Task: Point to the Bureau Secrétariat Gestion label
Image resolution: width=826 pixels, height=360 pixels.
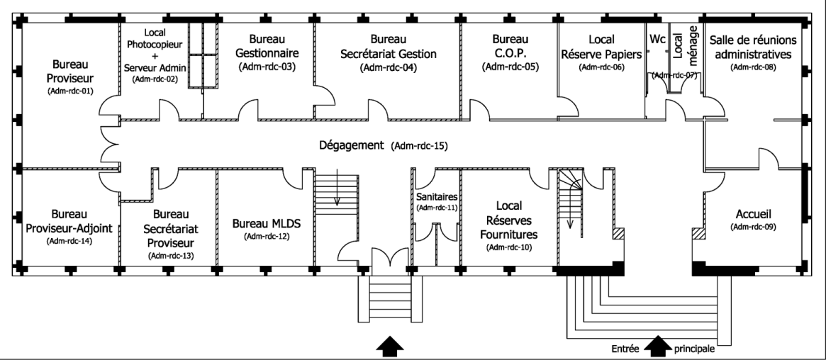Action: click(x=389, y=46)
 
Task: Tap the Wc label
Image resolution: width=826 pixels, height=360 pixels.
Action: click(x=657, y=39)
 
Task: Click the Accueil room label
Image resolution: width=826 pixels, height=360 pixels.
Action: click(x=753, y=213)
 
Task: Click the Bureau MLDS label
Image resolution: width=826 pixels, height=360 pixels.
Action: click(x=267, y=223)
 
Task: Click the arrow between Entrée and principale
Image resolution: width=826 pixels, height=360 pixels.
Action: click(x=657, y=346)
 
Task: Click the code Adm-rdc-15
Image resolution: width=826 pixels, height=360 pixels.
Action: click(x=420, y=147)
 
